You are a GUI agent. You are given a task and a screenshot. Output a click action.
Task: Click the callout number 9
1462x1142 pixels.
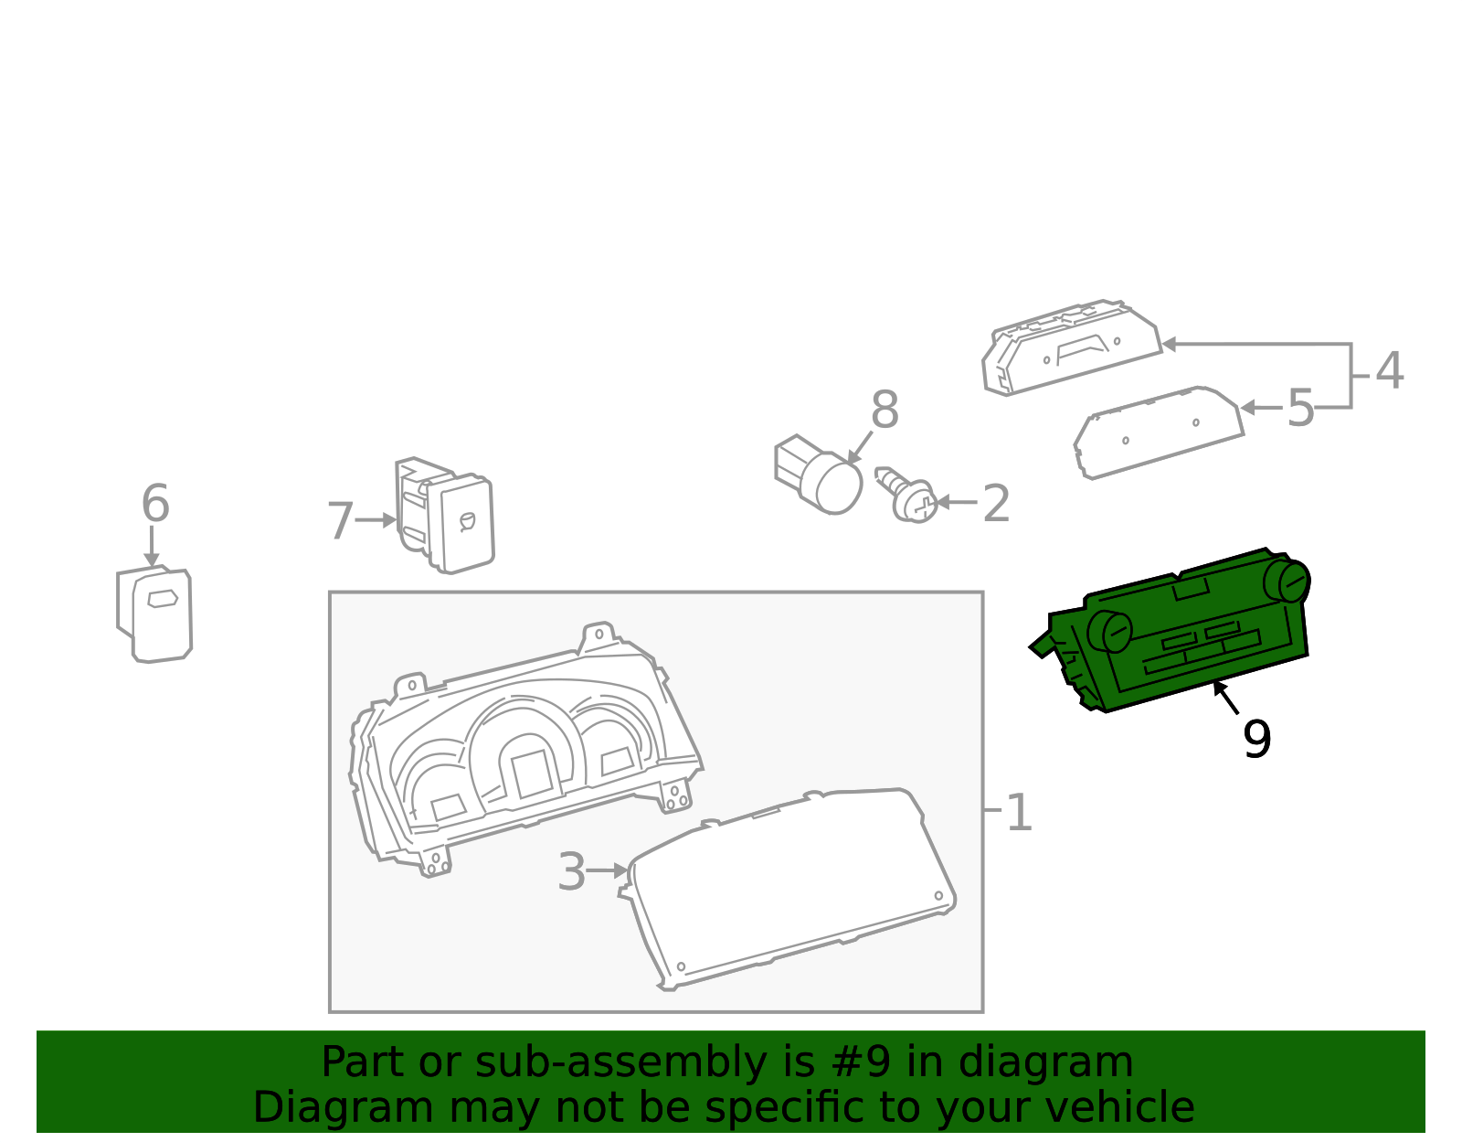[1256, 740]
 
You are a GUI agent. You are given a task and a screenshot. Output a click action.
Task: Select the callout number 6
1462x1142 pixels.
[155, 503]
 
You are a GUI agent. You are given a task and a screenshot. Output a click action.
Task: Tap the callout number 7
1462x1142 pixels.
[340, 521]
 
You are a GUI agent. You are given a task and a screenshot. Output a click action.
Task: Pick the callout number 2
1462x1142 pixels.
[996, 504]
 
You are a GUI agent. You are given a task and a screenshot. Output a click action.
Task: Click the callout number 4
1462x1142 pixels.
[1389, 370]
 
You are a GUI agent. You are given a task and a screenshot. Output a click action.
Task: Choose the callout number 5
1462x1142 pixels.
[1300, 408]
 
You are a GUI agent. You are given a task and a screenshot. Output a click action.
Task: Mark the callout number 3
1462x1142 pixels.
[571, 871]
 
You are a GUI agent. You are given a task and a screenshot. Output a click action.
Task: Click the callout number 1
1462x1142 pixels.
[1019, 812]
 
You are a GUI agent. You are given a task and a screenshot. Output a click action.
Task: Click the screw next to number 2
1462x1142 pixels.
[906, 496]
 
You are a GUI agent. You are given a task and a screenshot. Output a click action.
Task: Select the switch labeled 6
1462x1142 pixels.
[154, 614]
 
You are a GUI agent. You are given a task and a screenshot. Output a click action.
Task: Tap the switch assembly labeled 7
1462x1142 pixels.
[445, 515]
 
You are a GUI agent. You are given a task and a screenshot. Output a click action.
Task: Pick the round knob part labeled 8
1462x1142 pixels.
[819, 474]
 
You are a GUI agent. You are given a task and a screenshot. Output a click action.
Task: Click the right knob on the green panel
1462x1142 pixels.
[1287, 582]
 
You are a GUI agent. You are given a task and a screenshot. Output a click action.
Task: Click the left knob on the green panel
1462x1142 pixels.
[1110, 631]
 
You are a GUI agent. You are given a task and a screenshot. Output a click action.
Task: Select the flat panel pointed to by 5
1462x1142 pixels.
[1159, 432]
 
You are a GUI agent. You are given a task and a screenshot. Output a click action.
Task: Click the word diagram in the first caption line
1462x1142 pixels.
[1045, 1063]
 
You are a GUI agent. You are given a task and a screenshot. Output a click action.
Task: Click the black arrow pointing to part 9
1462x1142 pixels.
[1226, 698]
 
